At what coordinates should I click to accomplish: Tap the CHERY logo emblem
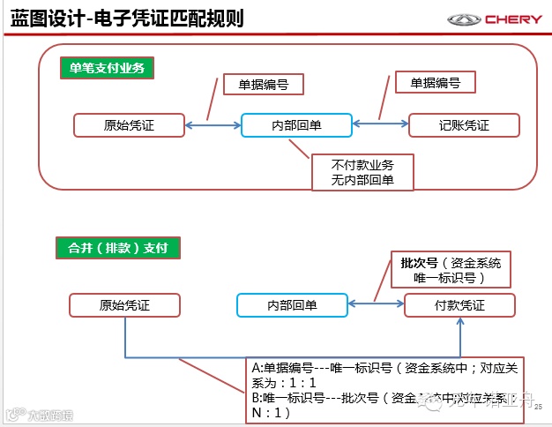tap(464, 19)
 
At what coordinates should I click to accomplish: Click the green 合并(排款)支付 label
tap(117, 248)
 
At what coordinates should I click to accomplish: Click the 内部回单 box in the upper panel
tap(296, 125)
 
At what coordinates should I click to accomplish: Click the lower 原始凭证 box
tap(124, 305)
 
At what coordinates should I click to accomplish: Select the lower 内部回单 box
tap(292, 305)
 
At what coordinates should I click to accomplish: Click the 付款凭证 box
tap(459, 305)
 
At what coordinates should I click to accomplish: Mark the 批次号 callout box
tap(450, 270)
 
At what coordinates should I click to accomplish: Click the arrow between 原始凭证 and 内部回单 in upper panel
tap(212, 126)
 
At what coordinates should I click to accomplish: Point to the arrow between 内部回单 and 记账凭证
tap(380, 126)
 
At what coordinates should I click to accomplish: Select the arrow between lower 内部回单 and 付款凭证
tap(376, 306)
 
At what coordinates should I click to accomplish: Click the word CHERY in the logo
tap(511, 19)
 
